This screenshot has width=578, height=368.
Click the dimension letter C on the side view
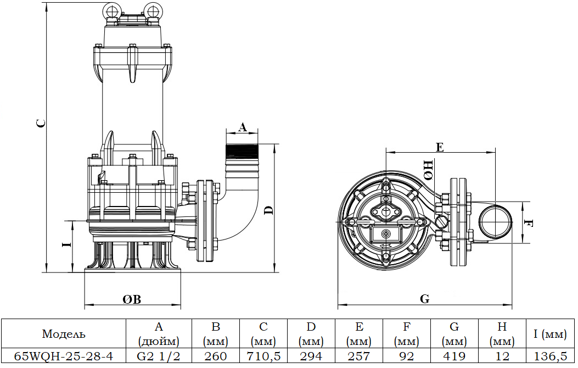click(42, 123)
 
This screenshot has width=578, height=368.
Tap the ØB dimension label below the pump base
click(132, 299)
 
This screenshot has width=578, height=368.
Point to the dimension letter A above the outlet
click(242, 127)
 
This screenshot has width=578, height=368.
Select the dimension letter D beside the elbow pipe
click(270, 210)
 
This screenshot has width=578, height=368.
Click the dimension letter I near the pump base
click(67, 244)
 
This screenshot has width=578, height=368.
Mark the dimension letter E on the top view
click(440, 147)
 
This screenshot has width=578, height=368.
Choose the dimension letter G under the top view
click(425, 299)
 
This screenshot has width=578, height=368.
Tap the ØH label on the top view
click(429, 170)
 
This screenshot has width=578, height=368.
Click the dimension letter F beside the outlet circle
click(528, 222)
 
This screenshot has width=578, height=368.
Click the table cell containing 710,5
click(263, 356)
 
